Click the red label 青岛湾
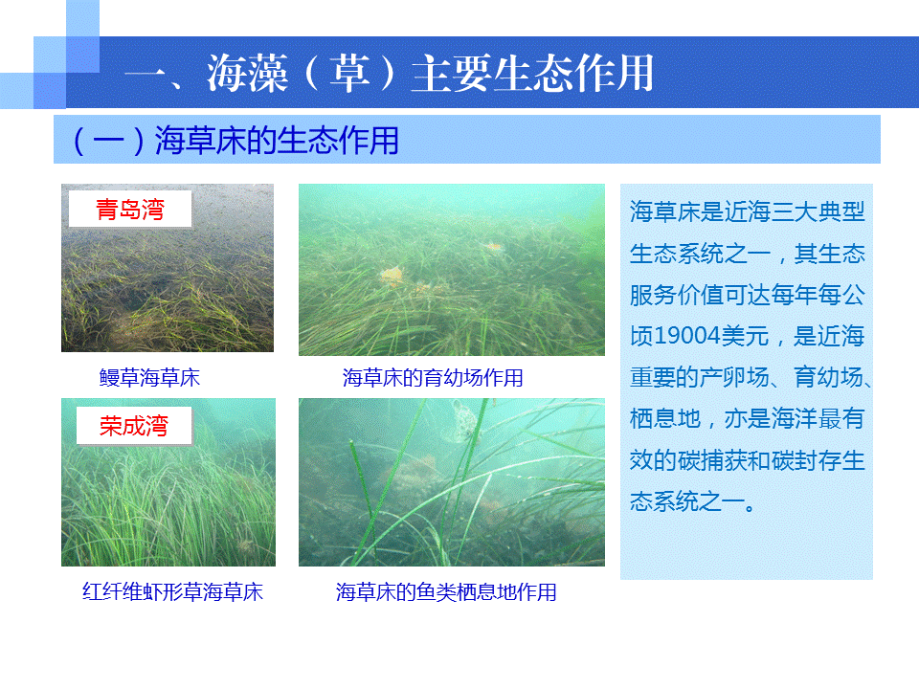[130, 210]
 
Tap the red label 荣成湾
[134, 425]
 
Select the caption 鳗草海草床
[149, 377]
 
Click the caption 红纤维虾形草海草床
[172, 591]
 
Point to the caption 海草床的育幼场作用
[433, 377]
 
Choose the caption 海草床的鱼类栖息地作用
[446, 591]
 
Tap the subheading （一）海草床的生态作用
[235, 141]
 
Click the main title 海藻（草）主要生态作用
[430, 74]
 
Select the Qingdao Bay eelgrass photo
[167, 268]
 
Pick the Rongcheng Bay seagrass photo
[168, 482]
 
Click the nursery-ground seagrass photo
[451, 270]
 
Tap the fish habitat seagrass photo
[451, 482]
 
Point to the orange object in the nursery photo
[392, 275]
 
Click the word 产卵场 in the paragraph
[734, 377]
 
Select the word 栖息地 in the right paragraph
[665, 418]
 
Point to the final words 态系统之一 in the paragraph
[688, 501]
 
